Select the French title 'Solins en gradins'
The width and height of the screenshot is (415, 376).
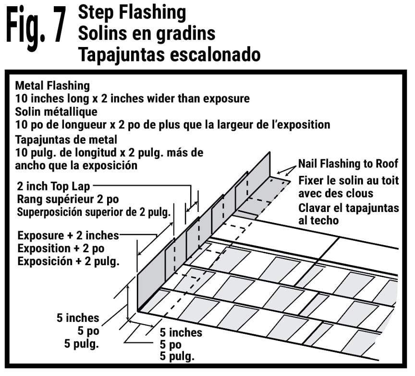(146, 33)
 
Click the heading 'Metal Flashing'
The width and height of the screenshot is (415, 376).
(52, 86)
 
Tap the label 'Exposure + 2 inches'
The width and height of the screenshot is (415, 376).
(67, 236)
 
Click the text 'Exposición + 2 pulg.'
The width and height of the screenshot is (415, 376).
(68, 261)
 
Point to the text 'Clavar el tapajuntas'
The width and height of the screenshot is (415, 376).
(348, 209)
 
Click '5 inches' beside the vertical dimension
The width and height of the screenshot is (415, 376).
(78, 318)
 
